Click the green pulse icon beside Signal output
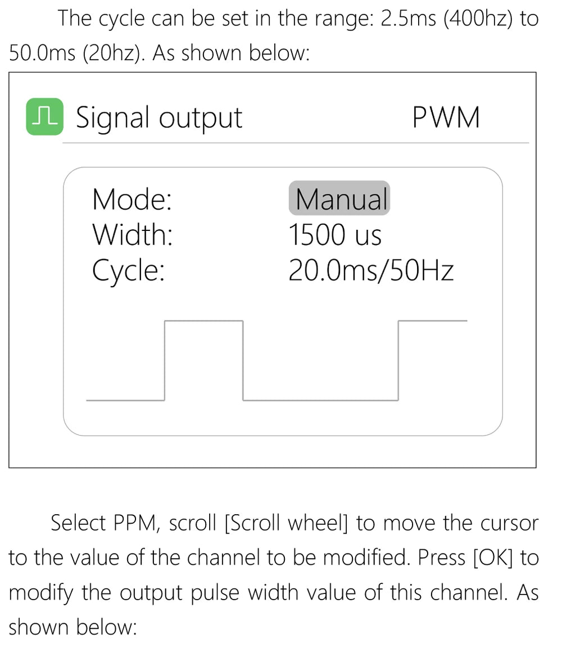(45, 116)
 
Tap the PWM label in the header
(446, 117)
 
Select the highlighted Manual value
(339, 198)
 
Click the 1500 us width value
(335, 235)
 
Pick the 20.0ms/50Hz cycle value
(371, 270)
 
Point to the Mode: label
(132, 199)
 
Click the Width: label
(133, 234)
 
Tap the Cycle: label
(128, 271)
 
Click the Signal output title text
(159, 118)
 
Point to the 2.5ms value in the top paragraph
(409, 19)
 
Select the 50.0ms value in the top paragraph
(42, 53)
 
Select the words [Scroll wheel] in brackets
(286, 523)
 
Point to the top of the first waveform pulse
(203, 321)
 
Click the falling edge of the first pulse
(243, 361)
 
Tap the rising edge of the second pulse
(398, 361)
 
